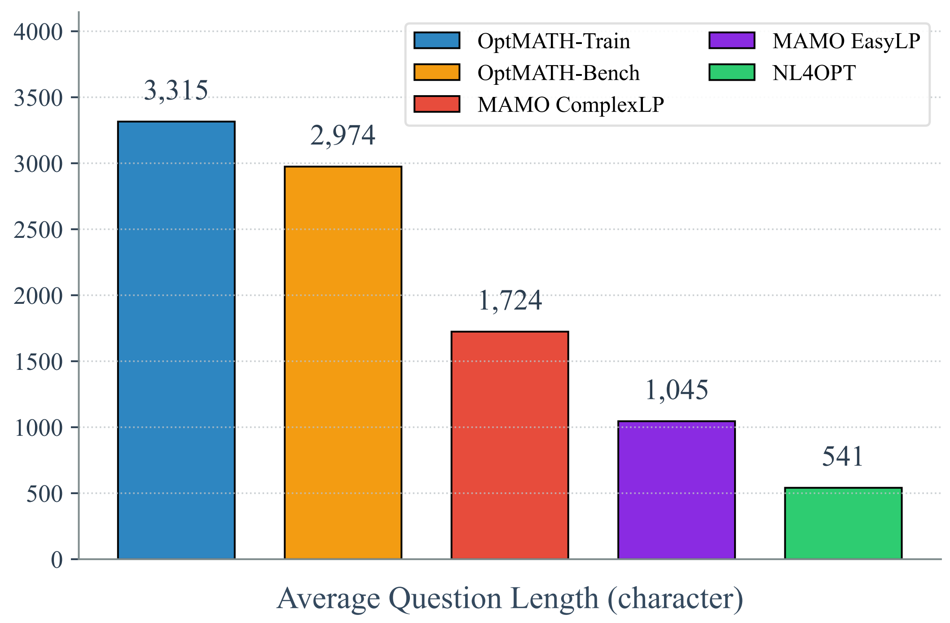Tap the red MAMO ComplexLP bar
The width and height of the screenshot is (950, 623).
pyautogui.click(x=510, y=445)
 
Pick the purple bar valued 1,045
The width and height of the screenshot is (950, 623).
pyautogui.click(x=676, y=490)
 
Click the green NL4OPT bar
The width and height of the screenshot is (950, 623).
pyautogui.click(x=843, y=523)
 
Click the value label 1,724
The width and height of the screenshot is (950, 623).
pyautogui.click(x=510, y=300)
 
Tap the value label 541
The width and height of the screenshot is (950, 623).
pyautogui.click(x=843, y=456)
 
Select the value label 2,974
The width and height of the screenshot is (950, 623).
pyautogui.click(x=343, y=135)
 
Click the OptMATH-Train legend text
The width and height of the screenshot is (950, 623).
pyautogui.click(x=554, y=41)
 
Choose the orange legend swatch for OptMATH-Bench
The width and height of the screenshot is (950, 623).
pyautogui.click(x=437, y=72)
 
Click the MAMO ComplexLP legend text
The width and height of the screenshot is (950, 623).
pyautogui.click(x=571, y=105)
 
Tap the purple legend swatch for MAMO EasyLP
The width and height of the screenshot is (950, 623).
pyautogui.click(x=732, y=40)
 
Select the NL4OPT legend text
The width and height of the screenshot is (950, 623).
pyautogui.click(x=814, y=73)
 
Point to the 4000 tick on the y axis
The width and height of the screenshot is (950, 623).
pyautogui.click(x=38, y=32)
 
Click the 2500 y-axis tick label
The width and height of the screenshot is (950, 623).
pyautogui.click(x=38, y=230)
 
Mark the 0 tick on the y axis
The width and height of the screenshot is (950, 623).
pyautogui.click(x=57, y=560)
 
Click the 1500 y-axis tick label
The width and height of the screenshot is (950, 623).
pyautogui.click(x=38, y=362)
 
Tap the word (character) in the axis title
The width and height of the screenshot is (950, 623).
pyautogui.click(x=675, y=599)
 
